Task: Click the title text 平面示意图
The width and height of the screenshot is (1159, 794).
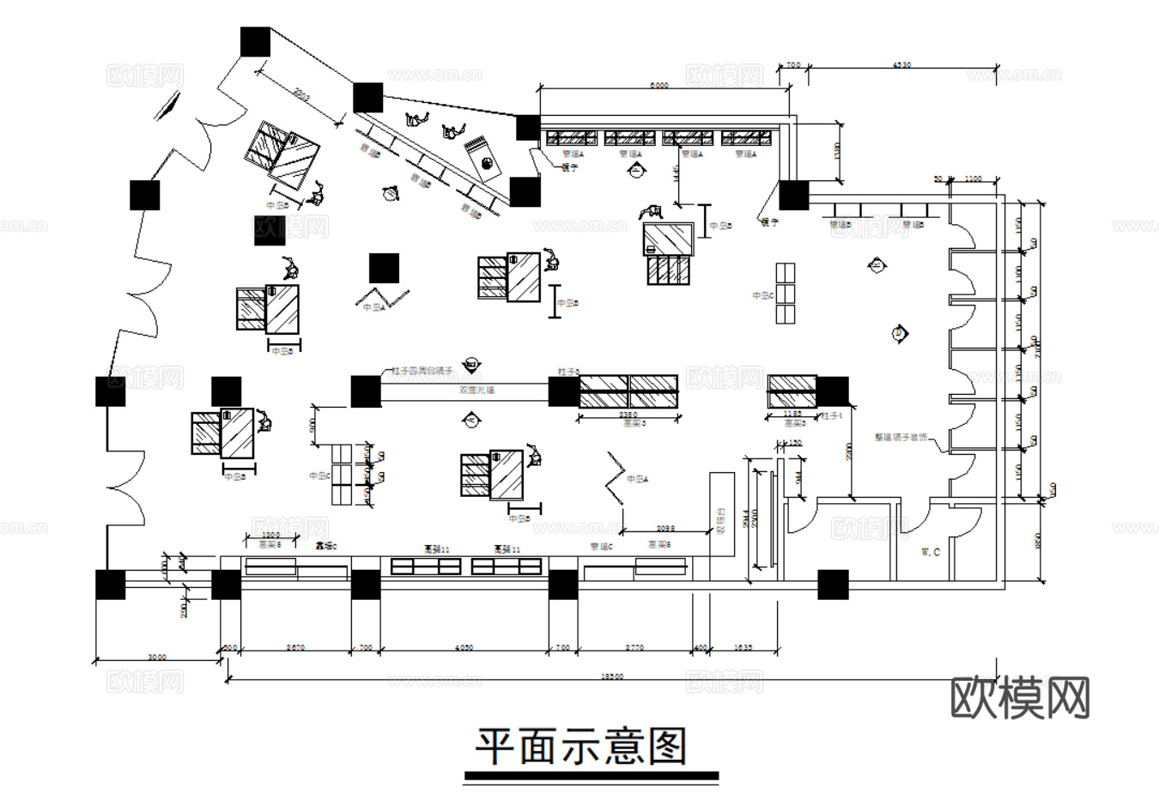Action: [x=582, y=747]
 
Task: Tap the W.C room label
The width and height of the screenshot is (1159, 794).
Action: [x=931, y=552]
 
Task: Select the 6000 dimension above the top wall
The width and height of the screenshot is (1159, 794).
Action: [x=658, y=85]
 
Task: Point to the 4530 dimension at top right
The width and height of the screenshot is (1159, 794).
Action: [x=902, y=64]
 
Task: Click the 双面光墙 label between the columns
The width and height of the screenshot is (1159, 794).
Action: [x=476, y=391]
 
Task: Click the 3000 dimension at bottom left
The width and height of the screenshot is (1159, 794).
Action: [x=156, y=657]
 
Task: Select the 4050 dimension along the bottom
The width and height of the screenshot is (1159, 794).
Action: [x=463, y=648]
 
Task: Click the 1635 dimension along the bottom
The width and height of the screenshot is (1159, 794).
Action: [x=743, y=648]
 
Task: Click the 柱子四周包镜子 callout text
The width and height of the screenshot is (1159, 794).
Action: [x=422, y=370]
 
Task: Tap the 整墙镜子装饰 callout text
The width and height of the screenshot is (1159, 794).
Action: [x=901, y=436]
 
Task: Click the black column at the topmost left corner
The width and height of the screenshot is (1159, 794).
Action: [x=255, y=42]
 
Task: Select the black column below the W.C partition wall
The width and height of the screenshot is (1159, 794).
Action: [x=833, y=585]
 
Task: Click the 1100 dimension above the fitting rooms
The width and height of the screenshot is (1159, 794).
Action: [x=973, y=178]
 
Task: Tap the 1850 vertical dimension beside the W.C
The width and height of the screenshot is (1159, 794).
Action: [x=1038, y=541]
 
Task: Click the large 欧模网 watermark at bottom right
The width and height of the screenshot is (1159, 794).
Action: [x=1020, y=698]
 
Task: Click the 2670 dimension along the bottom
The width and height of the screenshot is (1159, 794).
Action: [x=294, y=648]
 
